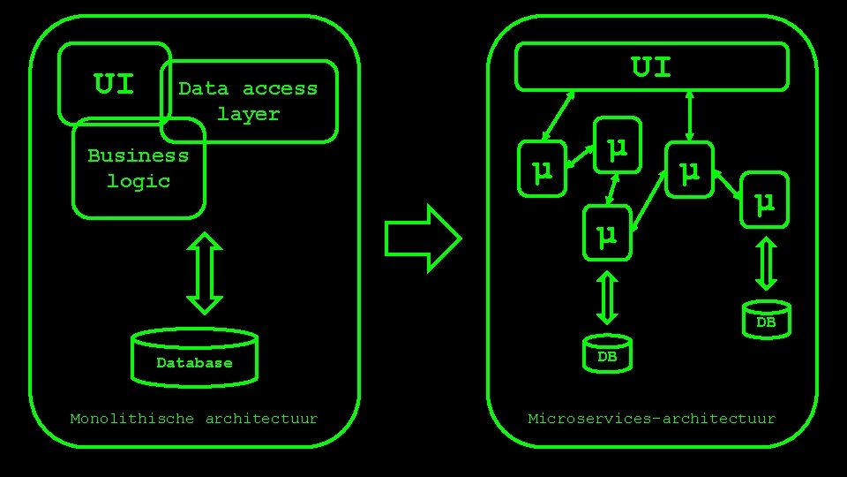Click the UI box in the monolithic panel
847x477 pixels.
(x=114, y=85)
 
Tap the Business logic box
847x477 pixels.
(x=138, y=169)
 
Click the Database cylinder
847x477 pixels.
(x=194, y=358)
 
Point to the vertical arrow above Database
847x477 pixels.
(x=205, y=272)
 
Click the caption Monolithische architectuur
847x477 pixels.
(x=194, y=419)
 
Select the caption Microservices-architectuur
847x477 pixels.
(x=651, y=419)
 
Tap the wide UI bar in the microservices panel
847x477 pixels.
(x=651, y=67)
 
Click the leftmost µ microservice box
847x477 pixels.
(x=543, y=168)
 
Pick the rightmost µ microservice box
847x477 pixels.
(x=764, y=201)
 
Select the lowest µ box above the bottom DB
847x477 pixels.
(x=606, y=234)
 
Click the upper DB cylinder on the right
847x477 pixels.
(x=765, y=318)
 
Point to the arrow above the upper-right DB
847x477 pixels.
(x=767, y=261)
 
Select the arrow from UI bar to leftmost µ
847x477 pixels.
(x=559, y=116)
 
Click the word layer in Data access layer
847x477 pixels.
(x=248, y=114)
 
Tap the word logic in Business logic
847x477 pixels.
(x=139, y=181)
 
